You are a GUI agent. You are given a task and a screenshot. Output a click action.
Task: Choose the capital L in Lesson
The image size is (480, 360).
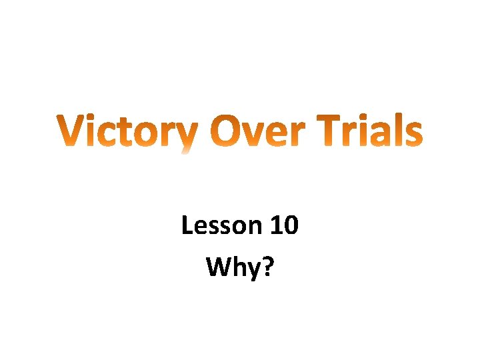coord(187,226)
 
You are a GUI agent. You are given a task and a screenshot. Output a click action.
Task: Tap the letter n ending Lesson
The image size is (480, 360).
coord(256,229)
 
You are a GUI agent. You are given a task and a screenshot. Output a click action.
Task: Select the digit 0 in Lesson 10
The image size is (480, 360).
coord(291,226)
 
